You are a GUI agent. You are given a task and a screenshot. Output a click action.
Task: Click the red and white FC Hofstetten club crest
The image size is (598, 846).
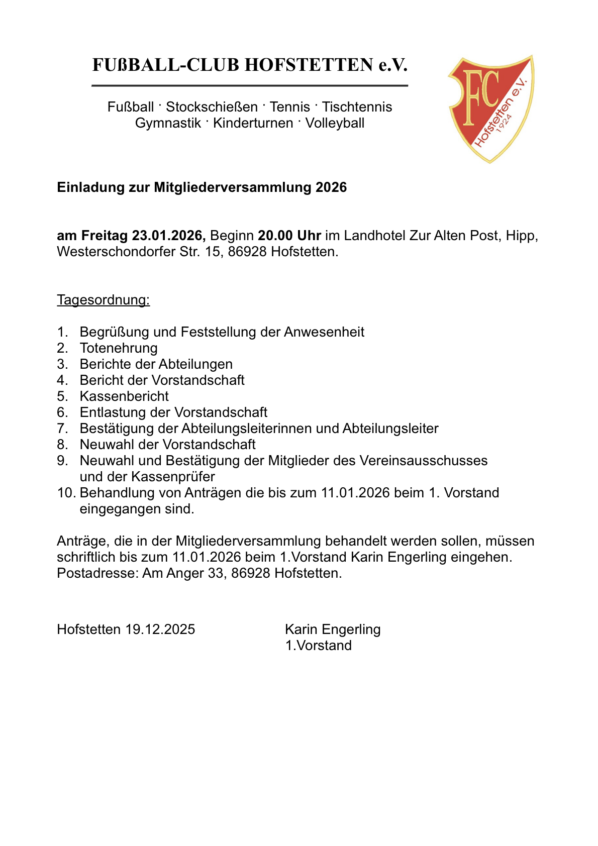click(490, 108)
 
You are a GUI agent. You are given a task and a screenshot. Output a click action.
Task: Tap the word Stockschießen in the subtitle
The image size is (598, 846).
click(212, 107)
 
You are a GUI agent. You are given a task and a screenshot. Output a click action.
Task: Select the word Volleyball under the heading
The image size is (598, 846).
click(335, 123)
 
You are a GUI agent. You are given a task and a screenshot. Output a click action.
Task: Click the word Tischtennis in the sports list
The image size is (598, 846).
click(357, 107)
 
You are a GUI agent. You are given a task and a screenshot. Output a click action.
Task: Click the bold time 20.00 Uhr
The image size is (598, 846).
click(289, 236)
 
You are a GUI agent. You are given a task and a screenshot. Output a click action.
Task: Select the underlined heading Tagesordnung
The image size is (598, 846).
click(104, 300)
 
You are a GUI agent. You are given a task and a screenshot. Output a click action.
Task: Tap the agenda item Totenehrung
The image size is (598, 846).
click(119, 348)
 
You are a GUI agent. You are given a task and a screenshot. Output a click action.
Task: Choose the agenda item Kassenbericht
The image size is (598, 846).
click(124, 396)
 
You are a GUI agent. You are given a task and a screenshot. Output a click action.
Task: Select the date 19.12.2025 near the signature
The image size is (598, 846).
click(160, 629)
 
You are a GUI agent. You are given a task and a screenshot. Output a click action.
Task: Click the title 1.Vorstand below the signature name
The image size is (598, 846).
click(319, 646)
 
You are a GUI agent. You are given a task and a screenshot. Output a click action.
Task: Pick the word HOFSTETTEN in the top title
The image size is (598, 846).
click(309, 65)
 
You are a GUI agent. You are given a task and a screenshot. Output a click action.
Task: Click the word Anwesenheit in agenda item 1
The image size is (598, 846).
click(324, 332)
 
